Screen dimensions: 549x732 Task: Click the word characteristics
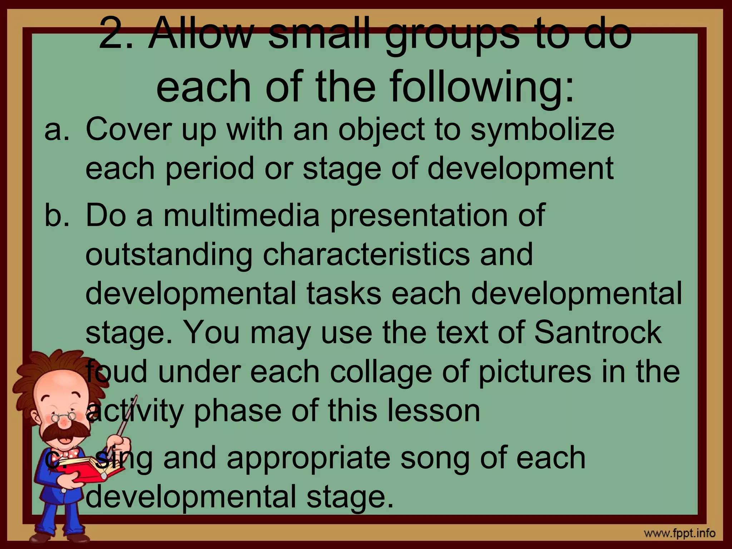(366, 254)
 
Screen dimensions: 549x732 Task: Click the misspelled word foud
(117, 372)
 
